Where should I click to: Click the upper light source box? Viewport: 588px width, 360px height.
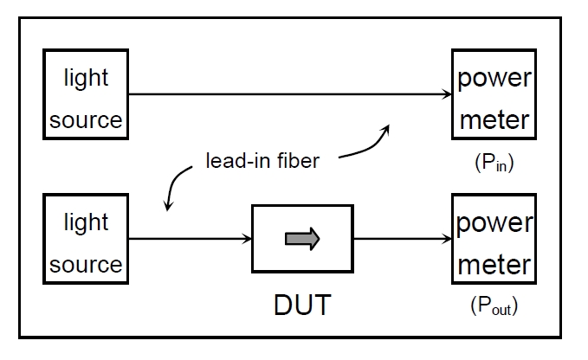(x=86, y=94)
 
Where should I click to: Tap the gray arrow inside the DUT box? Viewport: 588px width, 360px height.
(x=302, y=239)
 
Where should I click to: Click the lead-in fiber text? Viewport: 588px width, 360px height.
(x=262, y=160)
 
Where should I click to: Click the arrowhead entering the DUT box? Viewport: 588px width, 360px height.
(x=245, y=238)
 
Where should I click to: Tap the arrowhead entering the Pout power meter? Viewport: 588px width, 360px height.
(x=445, y=238)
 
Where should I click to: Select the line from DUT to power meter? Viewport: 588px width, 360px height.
(x=398, y=238)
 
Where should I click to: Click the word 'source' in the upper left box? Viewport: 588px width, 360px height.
(x=86, y=119)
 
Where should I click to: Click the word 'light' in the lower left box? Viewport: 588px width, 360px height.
(x=86, y=222)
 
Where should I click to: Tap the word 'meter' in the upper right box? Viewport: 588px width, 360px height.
(x=494, y=119)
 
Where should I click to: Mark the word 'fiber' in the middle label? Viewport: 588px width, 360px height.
(x=300, y=160)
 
